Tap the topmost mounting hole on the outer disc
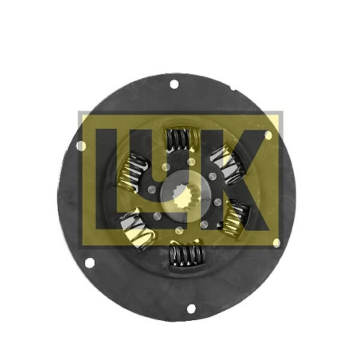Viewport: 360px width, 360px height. click(x=174, y=84)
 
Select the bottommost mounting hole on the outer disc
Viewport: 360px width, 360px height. click(x=191, y=309)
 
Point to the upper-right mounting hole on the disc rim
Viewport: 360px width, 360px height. click(x=268, y=135)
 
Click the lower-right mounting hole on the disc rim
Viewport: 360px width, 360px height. click(x=276, y=243)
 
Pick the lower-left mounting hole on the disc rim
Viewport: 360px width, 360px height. click(x=89, y=263)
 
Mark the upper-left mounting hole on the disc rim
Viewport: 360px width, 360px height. click(x=81, y=146)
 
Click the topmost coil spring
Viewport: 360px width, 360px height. click(x=182, y=139)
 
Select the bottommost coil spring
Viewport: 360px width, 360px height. click(x=187, y=255)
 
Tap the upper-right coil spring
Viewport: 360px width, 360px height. click(x=229, y=164)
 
